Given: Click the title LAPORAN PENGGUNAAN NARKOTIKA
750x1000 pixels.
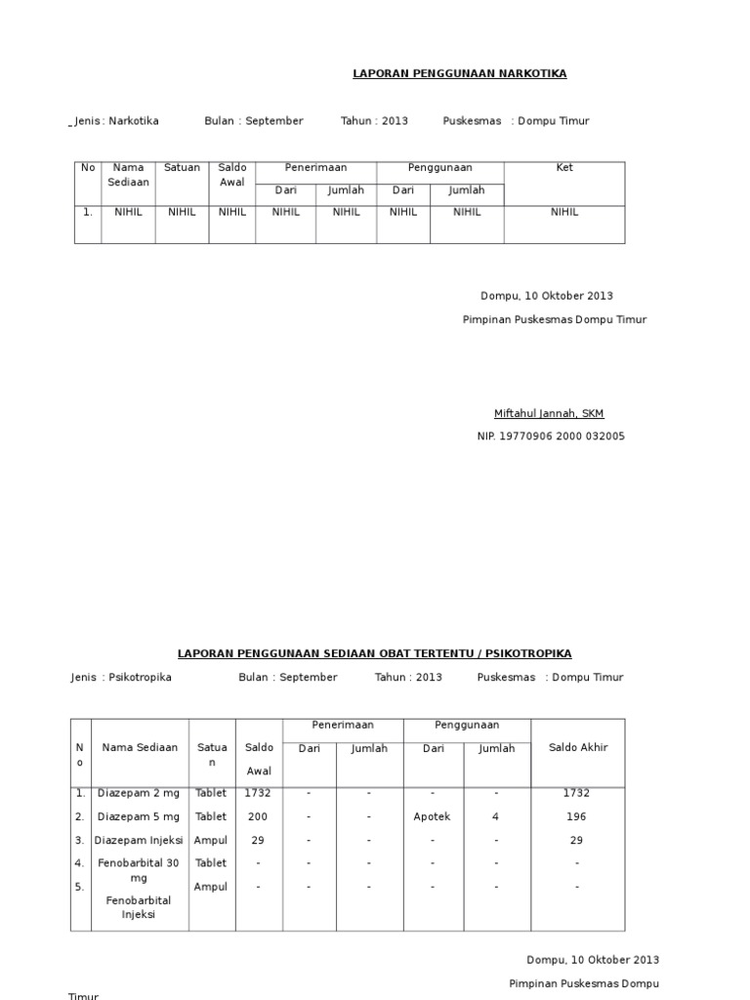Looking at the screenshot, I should click(x=459, y=73).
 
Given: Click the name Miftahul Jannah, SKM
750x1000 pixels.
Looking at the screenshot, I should click(x=549, y=413).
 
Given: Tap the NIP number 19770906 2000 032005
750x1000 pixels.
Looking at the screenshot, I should click(x=551, y=437).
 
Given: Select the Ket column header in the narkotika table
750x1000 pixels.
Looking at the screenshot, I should click(x=564, y=168).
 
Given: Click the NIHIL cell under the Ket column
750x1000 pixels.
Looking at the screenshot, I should click(x=564, y=212).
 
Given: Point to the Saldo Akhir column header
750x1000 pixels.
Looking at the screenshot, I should click(x=578, y=748).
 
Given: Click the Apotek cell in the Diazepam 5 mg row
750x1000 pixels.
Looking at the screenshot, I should click(x=433, y=816).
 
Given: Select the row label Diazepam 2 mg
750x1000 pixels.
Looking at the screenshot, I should click(x=139, y=793).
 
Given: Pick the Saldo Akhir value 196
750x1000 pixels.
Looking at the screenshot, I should click(x=577, y=816).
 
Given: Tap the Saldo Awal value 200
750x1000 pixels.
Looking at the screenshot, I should click(x=259, y=816).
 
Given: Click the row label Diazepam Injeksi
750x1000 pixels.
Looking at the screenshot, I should click(x=139, y=840).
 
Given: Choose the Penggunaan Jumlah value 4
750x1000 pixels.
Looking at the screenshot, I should click(x=496, y=816).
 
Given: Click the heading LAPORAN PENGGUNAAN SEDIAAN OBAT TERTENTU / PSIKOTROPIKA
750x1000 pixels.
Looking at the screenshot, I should click(x=374, y=653).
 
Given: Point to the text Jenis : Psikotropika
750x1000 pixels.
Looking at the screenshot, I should click(x=121, y=677).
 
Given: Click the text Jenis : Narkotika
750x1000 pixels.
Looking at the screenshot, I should click(x=117, y=121).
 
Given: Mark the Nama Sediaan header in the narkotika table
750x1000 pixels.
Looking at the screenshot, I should click(x=129, y=175).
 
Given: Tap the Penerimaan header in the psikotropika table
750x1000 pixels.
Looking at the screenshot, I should click(x=343, y=726).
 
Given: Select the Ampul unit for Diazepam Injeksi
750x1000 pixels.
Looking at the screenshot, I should click(x=211, y=840).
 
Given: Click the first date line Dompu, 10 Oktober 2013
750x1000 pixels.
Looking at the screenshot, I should click(x=547, y=296).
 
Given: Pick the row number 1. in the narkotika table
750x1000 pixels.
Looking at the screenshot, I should click(x=88, y=212).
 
